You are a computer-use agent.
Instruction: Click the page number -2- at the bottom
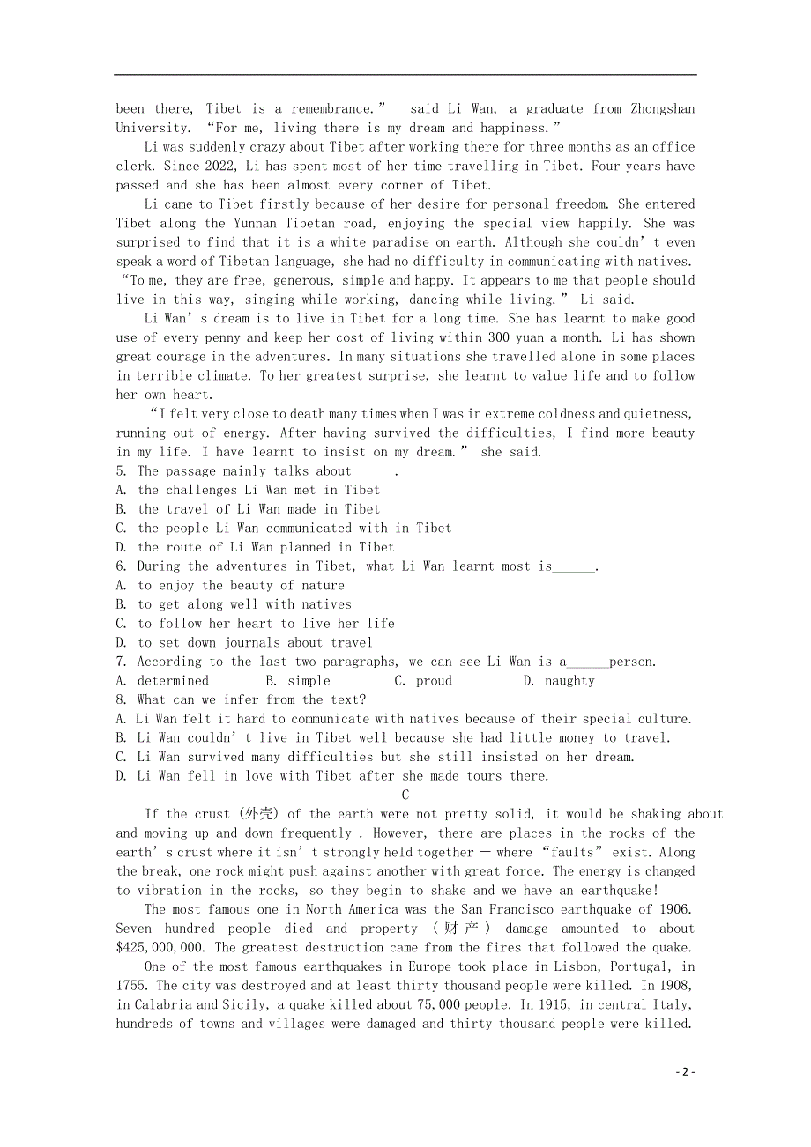(685, 1072)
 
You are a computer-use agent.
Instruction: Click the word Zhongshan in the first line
(662, 109)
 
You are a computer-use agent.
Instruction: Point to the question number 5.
(121, 471)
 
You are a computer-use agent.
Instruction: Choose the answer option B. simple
(298, 681)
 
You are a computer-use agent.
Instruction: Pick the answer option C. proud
(423, 681)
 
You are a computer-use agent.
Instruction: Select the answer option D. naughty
(559, 681)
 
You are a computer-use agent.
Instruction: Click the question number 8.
(121, 700)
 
